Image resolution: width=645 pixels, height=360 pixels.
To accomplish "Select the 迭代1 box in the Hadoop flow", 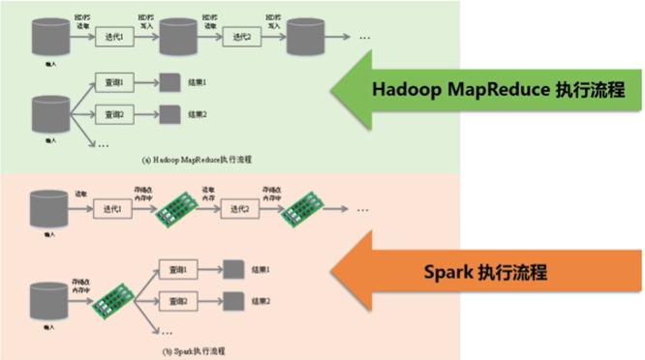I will coord(112,36).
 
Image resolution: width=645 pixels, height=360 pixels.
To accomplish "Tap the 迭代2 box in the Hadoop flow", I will coord(239,36).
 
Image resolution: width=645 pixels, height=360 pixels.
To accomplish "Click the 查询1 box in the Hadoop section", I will coord(113,82).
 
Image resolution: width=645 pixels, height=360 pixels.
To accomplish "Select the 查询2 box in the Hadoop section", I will coord(113,114).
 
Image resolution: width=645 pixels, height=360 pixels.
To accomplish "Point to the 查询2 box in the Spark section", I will coord(178,302).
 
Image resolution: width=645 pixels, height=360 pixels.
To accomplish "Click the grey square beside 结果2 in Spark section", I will coord(232,302).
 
